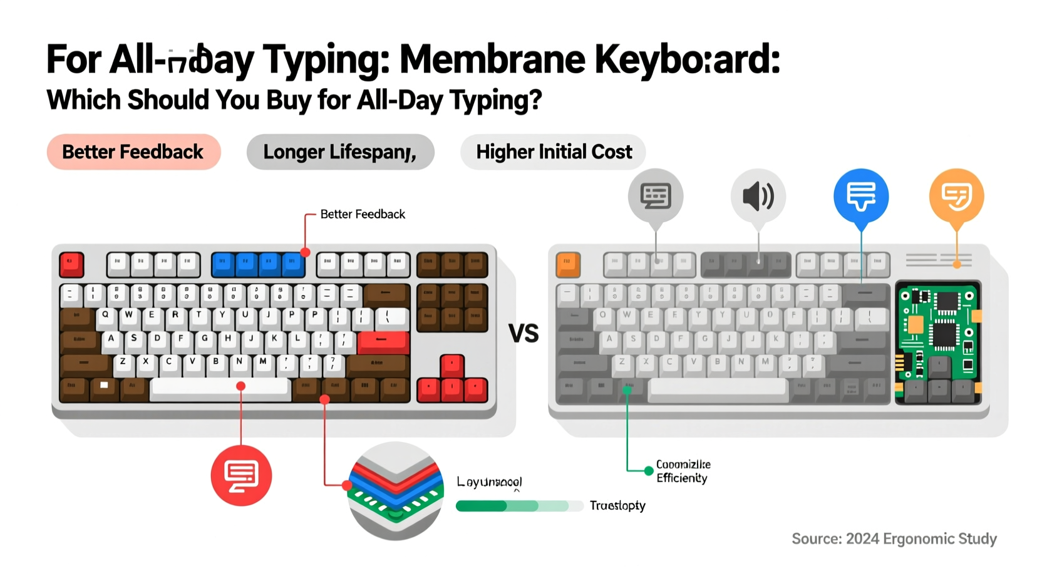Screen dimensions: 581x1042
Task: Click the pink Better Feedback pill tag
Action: (133, 152)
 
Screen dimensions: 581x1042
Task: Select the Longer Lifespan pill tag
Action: (340, 152)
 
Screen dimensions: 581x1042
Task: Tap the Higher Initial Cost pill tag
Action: (554, 152)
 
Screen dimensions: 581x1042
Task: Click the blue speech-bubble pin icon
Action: (861, 196)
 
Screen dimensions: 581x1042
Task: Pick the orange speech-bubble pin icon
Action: (956, 196)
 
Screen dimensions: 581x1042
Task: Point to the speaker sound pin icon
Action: (758, 196)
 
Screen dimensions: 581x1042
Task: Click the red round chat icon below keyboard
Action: (241, 475)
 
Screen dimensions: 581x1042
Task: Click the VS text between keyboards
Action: (524, 334)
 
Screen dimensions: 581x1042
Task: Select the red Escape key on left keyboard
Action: (71, 264)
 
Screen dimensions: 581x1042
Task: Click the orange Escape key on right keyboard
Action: (568, 264)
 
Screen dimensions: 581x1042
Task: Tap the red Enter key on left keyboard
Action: (383, 341)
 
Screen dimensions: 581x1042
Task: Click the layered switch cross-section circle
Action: (396, 491)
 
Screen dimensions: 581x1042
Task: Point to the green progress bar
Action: (512, 506)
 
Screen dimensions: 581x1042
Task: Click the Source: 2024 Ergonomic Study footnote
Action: (894, 539)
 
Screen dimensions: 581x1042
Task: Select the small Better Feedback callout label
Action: (363, 214)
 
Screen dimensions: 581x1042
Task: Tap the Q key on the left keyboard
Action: (105, 316)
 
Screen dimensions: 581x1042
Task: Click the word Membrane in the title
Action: (492, 60)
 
